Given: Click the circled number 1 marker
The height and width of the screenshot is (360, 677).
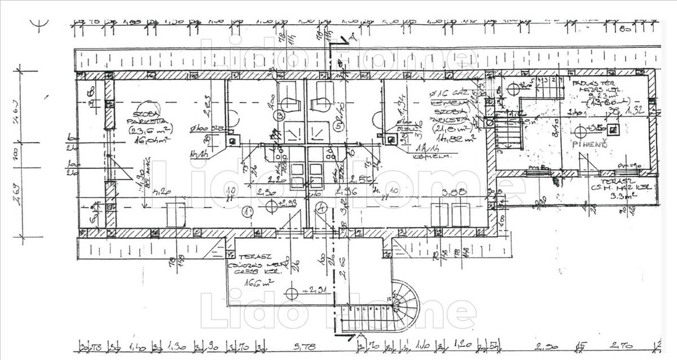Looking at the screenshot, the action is (x=248, y=212).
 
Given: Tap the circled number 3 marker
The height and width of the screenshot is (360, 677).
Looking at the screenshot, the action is (x=280, y=116).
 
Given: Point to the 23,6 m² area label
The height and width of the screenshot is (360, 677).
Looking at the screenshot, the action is (x=150, y=130).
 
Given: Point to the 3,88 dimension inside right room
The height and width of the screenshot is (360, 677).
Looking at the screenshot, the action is (x=455, y=192).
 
